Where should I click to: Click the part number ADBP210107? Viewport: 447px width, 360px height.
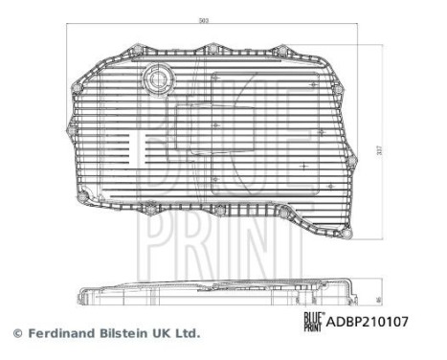[369, 323]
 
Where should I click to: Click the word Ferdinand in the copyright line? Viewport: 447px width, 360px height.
[59, 334]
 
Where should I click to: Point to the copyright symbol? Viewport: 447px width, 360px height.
[16, 334]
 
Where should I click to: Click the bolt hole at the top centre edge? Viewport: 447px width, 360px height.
[213, 47]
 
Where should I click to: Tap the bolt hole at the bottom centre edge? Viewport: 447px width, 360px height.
[219, 210]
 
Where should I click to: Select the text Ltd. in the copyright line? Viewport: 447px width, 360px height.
[189, 334]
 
